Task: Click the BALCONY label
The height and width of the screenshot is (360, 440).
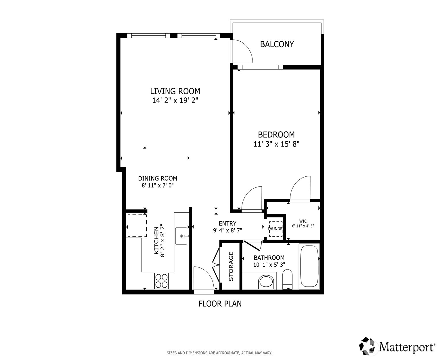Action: click(x=277, y=44)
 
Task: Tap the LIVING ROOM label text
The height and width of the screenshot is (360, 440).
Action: click(x=175, y=91)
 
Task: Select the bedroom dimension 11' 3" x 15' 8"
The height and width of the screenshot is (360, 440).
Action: click(x=276, y=144)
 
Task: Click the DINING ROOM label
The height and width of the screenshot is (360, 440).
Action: click(x=158, y=178)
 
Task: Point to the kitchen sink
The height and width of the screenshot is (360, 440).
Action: click(x=181, y=236)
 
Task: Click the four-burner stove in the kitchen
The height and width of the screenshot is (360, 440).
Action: click(x=161, y=281)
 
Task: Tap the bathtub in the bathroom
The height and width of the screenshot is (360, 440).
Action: click(x=309, y=266)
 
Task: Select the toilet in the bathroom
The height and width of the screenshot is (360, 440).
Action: click(x=287, y=279)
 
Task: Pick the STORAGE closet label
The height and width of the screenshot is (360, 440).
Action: click(x=231, y=266)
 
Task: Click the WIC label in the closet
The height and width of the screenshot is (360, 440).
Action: click(x=303, y=221)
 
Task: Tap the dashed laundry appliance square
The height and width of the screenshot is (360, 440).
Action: click(x=276, y=229)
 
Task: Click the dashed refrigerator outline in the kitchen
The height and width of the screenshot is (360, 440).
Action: click(x=137, y=226)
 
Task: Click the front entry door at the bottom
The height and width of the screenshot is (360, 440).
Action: click(x=204, y=280)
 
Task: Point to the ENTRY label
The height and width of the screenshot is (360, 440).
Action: click(x=227, y=224)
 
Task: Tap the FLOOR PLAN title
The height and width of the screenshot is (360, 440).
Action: click(x=220, y=304)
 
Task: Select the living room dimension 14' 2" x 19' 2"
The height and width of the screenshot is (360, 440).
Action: click(x=175, y=101)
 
